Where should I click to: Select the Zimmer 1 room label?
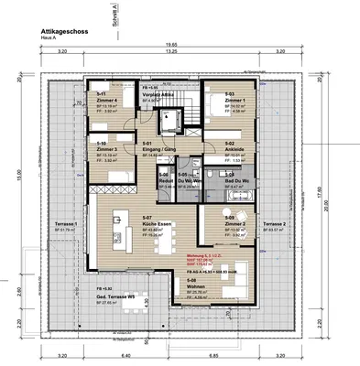234,100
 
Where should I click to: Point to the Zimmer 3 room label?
105,149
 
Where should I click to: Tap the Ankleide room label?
235,149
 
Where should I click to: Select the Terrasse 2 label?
273,224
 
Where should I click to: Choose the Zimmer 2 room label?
235,224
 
